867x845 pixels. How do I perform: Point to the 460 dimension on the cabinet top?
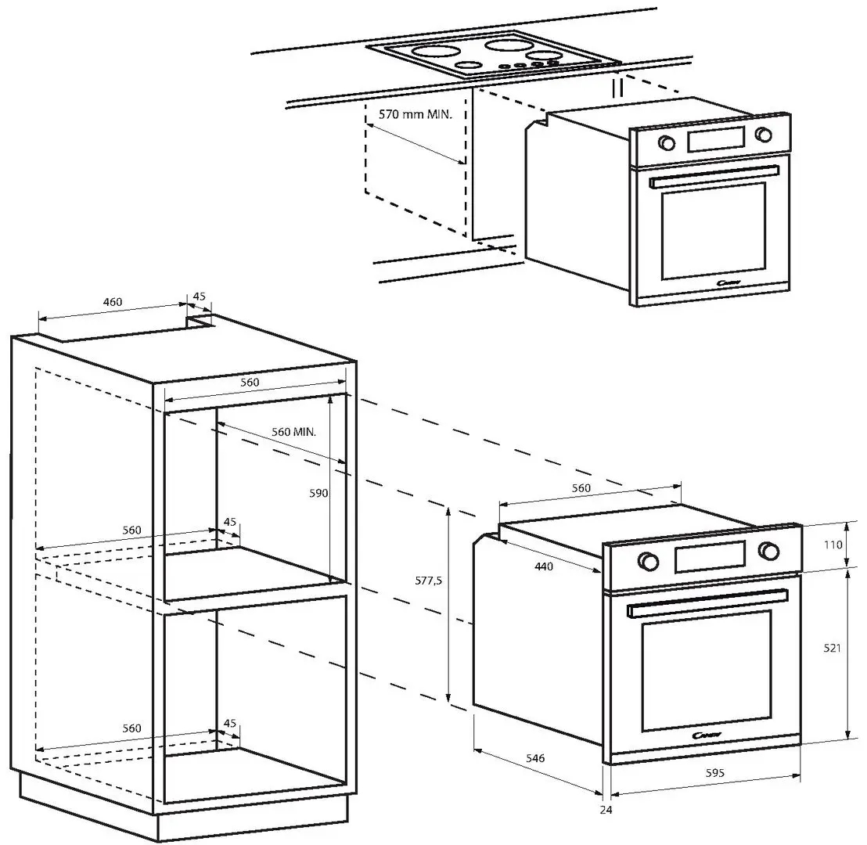[x=113, y=302]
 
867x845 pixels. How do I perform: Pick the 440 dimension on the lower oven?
[x=545, y=566]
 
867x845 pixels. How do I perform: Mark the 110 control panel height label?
[x=833, y=545]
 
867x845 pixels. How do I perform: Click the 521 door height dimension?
[x=833, y=649]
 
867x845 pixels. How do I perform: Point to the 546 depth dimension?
[x=534, y=758]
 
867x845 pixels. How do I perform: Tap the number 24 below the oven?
[x=606, y=810]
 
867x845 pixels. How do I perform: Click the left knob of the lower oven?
[x=648, y=560]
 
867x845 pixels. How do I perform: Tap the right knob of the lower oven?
[x=769, y=551]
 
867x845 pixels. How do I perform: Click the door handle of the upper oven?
[x=714, y=176]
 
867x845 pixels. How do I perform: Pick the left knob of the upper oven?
[x=667, y=143]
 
